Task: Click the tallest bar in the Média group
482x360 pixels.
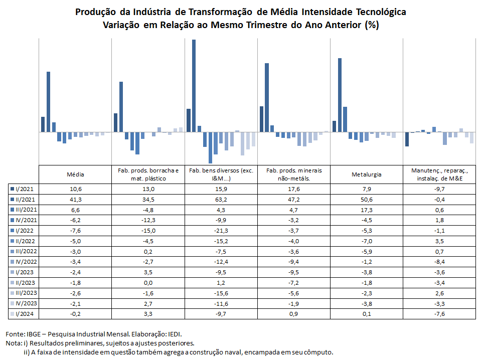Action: (x=48, y=102)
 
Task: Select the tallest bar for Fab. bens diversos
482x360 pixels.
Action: (x=194, y=86)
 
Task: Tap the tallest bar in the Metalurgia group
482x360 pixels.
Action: (x=340, y=95)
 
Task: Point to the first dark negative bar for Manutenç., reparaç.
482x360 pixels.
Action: (x=407, y=139)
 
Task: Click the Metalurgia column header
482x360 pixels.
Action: (x=367, y=174)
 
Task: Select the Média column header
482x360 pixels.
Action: (x=75, y=174)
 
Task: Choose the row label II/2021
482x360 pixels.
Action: (x=25, y=200)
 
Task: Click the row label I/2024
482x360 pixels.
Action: (x=25, y=314)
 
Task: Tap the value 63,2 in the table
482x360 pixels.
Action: (x=221, y=200)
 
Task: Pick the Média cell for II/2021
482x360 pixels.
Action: (x=75, y=200)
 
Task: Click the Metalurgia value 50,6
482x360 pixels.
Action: (x=367, y=200)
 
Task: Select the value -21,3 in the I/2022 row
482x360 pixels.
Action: (x=221, y=231)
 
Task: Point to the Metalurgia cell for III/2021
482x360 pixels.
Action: (x=367, y=210)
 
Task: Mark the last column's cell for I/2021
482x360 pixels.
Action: (x=439, y=189)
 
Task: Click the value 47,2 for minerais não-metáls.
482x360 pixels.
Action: (x=293, y=200)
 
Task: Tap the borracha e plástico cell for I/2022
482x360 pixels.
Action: (x=148, y=231)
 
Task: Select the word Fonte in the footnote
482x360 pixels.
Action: (x=15, y=334)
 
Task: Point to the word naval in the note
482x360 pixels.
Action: (x=234, y=352)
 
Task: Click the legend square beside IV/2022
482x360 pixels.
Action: (x=13, y=262)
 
